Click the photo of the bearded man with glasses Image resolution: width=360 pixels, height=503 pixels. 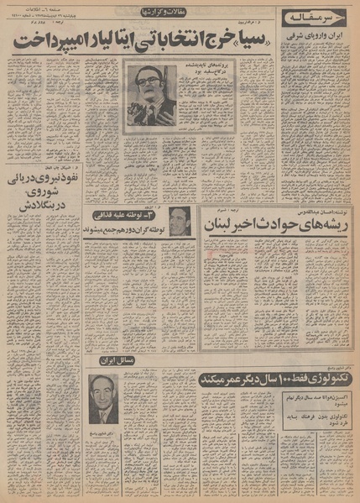tap(151, 93)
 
